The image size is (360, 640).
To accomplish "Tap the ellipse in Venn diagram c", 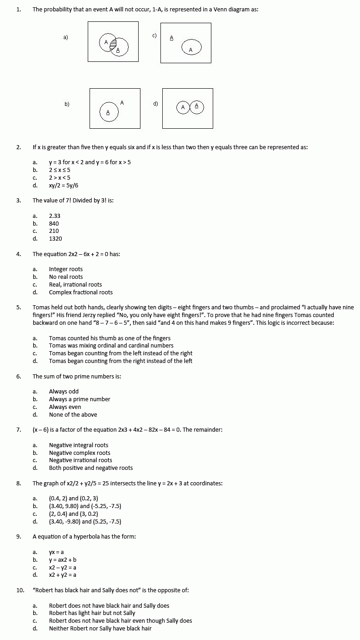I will pyautogui.click(x=191, y=48).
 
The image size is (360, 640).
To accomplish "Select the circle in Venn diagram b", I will pyautogui.click(x=109, y=112).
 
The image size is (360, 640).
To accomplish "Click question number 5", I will pyautogui.click(x=19, y=307).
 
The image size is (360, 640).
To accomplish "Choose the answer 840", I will pyautogui.click(x=54, y=223).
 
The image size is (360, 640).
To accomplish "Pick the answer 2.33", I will pyautogui.click(x=55, y=216).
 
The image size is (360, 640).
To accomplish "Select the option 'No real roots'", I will pyautogui.click(x=66, y=277).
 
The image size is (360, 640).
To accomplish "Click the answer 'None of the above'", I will pyautogui.click(x=73, y=414).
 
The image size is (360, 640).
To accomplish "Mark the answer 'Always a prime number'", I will pyautogui.click(x=80, y=399).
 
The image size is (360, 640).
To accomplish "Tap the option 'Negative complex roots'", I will pyautogui.click(x=80, y=453).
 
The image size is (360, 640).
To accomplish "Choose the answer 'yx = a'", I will pyautogui.click(x=56, y=552).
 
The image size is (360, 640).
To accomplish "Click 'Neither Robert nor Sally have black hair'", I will pyautogui.click(x=100, y=628).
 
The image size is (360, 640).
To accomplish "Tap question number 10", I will pyautogui.click(x=20, y=590).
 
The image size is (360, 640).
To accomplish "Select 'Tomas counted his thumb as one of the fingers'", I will pyautogui.click(x=110, y=338).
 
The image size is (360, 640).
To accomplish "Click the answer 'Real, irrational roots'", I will pyautogui.click(x=75, y=284).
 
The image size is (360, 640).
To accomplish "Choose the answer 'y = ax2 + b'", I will pyautogui.click(x=63, y=560).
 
